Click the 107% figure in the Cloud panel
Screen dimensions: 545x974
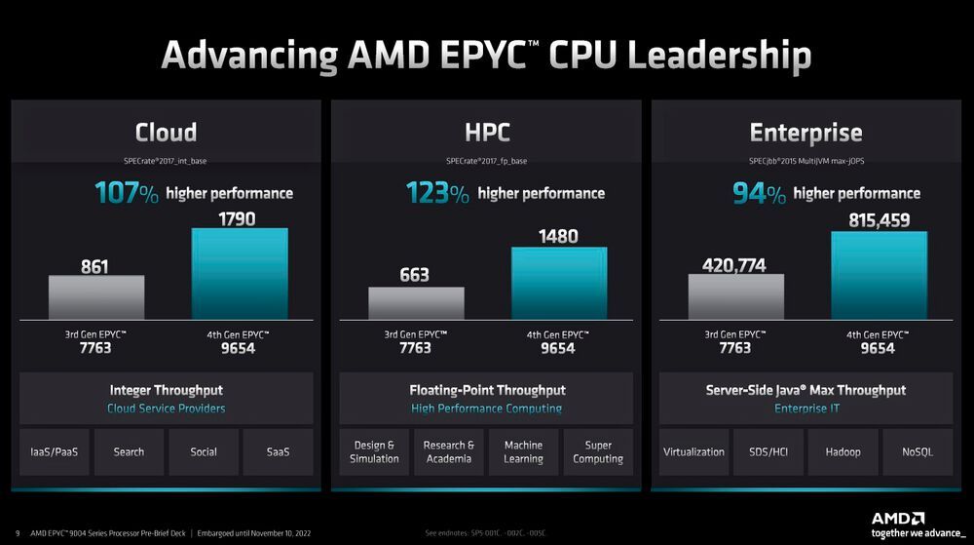pyautogui.click(x=127, y=193)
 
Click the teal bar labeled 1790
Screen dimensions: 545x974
pyautogui.click(x=239, y=274)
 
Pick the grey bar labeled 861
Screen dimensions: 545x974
pyautogui.click(x=96, y=297)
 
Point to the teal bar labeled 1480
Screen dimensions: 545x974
pyautogui.click(x=558, y=283)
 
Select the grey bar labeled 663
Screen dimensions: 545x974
pyautogui.click(x=416, y=303)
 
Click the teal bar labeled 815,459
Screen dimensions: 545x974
pyautogui.click(x=878, y=276)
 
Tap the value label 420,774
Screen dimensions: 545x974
pyautogui.click(x=733, y=264)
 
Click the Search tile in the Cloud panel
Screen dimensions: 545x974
pyautogui.click(x=129, y=451)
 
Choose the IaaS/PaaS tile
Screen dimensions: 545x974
pyautogui.click(x=55, y=451)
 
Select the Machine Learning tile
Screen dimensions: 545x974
pyautogui.click(x=523, y=451)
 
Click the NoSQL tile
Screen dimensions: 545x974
pyautogui.click(x=918, y=451)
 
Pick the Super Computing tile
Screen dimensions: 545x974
pyautogui.click(x=598, y=451)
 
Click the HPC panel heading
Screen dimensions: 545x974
pyautogui.click(x=487, y=133)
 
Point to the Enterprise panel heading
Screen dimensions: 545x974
pyautogui.click(x=805, y=133)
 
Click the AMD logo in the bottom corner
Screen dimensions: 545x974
pyautogui.click(x=897, y=518)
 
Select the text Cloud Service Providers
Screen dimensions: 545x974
pyautogui.click(x=166, y=409)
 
